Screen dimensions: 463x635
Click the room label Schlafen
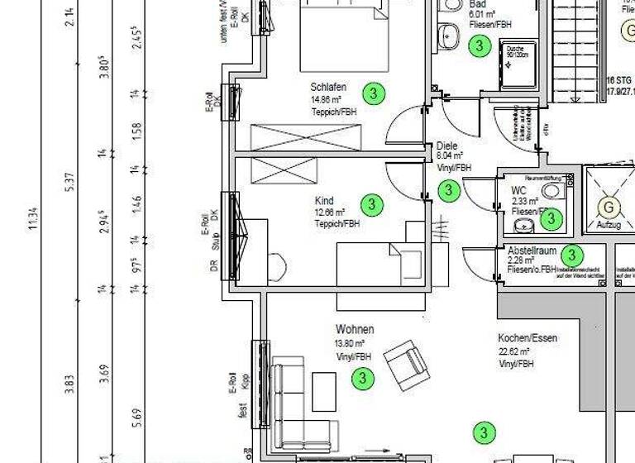click(328, 87)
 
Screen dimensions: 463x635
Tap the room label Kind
click(324, 201)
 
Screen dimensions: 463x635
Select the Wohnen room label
click(354, 329)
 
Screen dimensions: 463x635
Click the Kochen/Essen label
click(528, 338)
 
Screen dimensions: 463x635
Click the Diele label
click(447, 146)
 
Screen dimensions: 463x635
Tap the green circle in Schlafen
click(374, 93)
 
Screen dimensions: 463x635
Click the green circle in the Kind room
click(372, 203)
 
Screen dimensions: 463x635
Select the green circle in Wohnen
click(362, 379)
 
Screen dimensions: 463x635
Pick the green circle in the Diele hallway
click(448, 191)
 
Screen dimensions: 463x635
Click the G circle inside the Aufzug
click(610, 206)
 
